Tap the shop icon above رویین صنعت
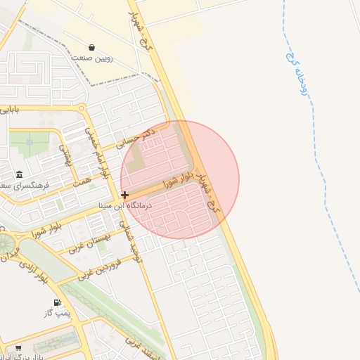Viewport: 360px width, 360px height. (93, 48)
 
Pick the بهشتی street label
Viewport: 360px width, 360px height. (66, 155)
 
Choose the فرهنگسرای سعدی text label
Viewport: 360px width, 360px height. (20, 186)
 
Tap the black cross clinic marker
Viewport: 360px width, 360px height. (124, 195)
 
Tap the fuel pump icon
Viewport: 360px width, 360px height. (56, 303)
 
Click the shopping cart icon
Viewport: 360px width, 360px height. (18, 347)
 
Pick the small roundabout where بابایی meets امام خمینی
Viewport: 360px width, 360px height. (82, 108)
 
